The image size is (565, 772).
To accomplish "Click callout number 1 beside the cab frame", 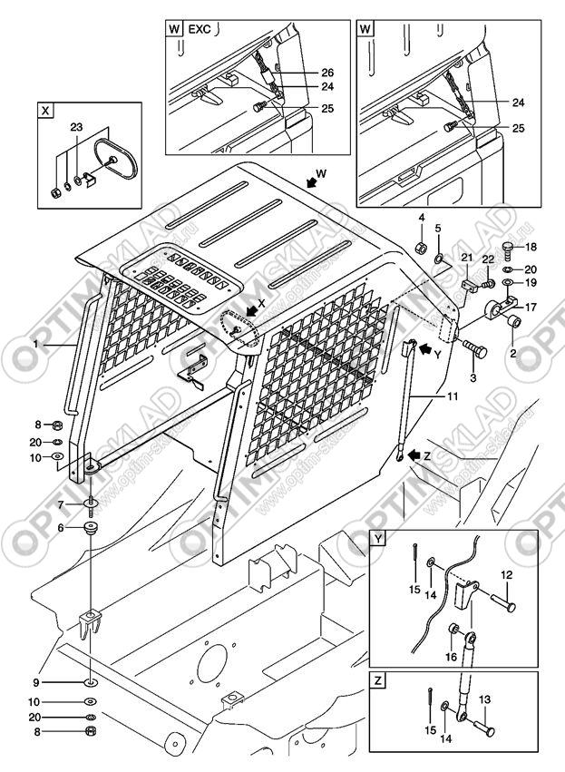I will tap(35, 345).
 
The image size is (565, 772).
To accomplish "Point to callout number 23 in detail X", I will tap(76, 127).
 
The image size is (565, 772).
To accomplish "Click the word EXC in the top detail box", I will tap(199, 29).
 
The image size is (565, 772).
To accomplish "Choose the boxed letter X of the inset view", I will tap(45, 111).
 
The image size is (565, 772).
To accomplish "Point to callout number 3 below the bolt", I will tap(472, 375).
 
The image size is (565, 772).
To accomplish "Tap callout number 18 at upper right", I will tap(532, 247).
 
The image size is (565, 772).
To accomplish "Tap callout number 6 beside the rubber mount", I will tap(61, 527).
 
